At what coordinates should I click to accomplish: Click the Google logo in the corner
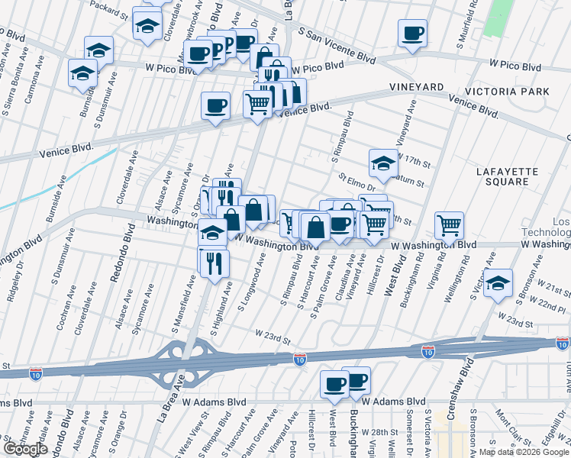(25, 449)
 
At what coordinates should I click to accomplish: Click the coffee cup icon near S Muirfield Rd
(412, 34)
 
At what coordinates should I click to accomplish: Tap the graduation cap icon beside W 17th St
(383, 162)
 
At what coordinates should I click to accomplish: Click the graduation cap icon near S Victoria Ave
(498, 282)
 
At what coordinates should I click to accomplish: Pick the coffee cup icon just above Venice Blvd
(215, 105)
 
